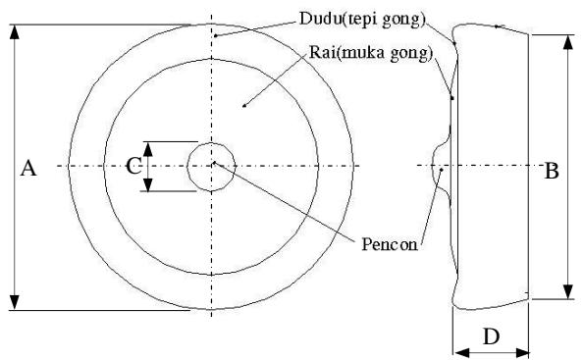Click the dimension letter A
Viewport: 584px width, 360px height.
(28, 168)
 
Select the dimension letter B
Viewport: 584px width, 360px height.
(552, 172)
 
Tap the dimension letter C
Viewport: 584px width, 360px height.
(133, 166)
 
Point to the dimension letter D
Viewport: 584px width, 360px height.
(492, 336)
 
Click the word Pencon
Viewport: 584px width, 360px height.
(390, 244)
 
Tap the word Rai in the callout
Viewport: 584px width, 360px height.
(323, 52)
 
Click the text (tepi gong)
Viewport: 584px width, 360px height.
(384, 20)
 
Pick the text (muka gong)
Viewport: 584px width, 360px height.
(385, 54)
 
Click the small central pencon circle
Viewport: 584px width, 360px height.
(211, 143)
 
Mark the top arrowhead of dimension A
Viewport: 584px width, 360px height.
(14, 32)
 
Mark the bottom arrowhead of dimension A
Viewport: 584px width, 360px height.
(14, 302)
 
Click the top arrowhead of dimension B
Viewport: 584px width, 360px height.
(567, 42)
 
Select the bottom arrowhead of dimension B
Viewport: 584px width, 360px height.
(567, 291)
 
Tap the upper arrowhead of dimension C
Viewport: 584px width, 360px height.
(148, 149)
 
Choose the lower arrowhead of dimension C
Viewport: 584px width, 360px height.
(148, 184)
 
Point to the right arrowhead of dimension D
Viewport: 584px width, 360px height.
(521, 352)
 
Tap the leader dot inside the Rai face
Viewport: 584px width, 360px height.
(244, 106)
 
